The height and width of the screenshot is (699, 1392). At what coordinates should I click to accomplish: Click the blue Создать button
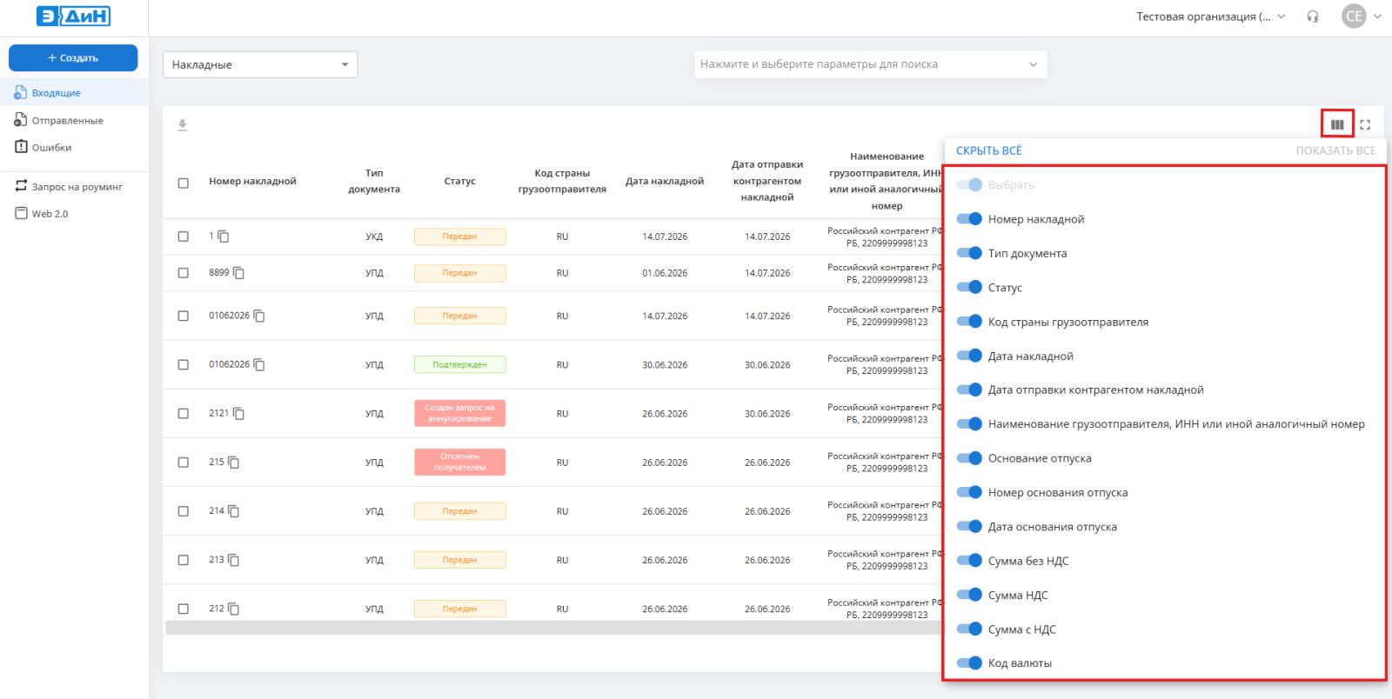pos(73,57)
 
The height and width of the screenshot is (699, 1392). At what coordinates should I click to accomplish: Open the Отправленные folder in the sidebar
pos(67,121)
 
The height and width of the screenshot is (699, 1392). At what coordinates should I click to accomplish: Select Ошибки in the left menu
pos(51,147)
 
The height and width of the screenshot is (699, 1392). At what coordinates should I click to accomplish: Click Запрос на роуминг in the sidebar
pos(77,186)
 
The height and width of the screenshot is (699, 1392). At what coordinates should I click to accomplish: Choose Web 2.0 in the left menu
pos(50,214)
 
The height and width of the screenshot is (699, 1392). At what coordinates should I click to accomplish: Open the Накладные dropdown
pos(260,64)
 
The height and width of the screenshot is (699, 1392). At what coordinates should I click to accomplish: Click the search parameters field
pos(870,64)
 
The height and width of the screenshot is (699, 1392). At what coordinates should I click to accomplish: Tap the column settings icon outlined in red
pos(1337,125)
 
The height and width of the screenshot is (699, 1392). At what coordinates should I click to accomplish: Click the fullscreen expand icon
pos(1365,125)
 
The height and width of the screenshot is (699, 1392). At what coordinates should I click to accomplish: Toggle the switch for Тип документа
pos(969,253)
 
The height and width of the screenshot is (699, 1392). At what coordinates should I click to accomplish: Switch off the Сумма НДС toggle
pos(969,595)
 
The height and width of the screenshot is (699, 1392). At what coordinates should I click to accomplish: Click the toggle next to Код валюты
pos(969,663)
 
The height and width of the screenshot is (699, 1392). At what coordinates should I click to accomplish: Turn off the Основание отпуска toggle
pos(969,458)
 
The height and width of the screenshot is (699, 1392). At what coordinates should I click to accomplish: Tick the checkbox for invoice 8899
pos(184,273)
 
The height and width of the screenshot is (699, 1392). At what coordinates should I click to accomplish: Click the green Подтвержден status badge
pos(460,364)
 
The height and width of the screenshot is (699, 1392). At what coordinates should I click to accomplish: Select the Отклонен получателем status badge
pos(460,462)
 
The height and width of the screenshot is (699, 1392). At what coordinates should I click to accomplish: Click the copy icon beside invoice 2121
pos(238,414)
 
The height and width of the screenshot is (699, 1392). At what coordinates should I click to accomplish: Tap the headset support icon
pos(1313,17)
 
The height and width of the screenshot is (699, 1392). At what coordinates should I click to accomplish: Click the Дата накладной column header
pos(665,181)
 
